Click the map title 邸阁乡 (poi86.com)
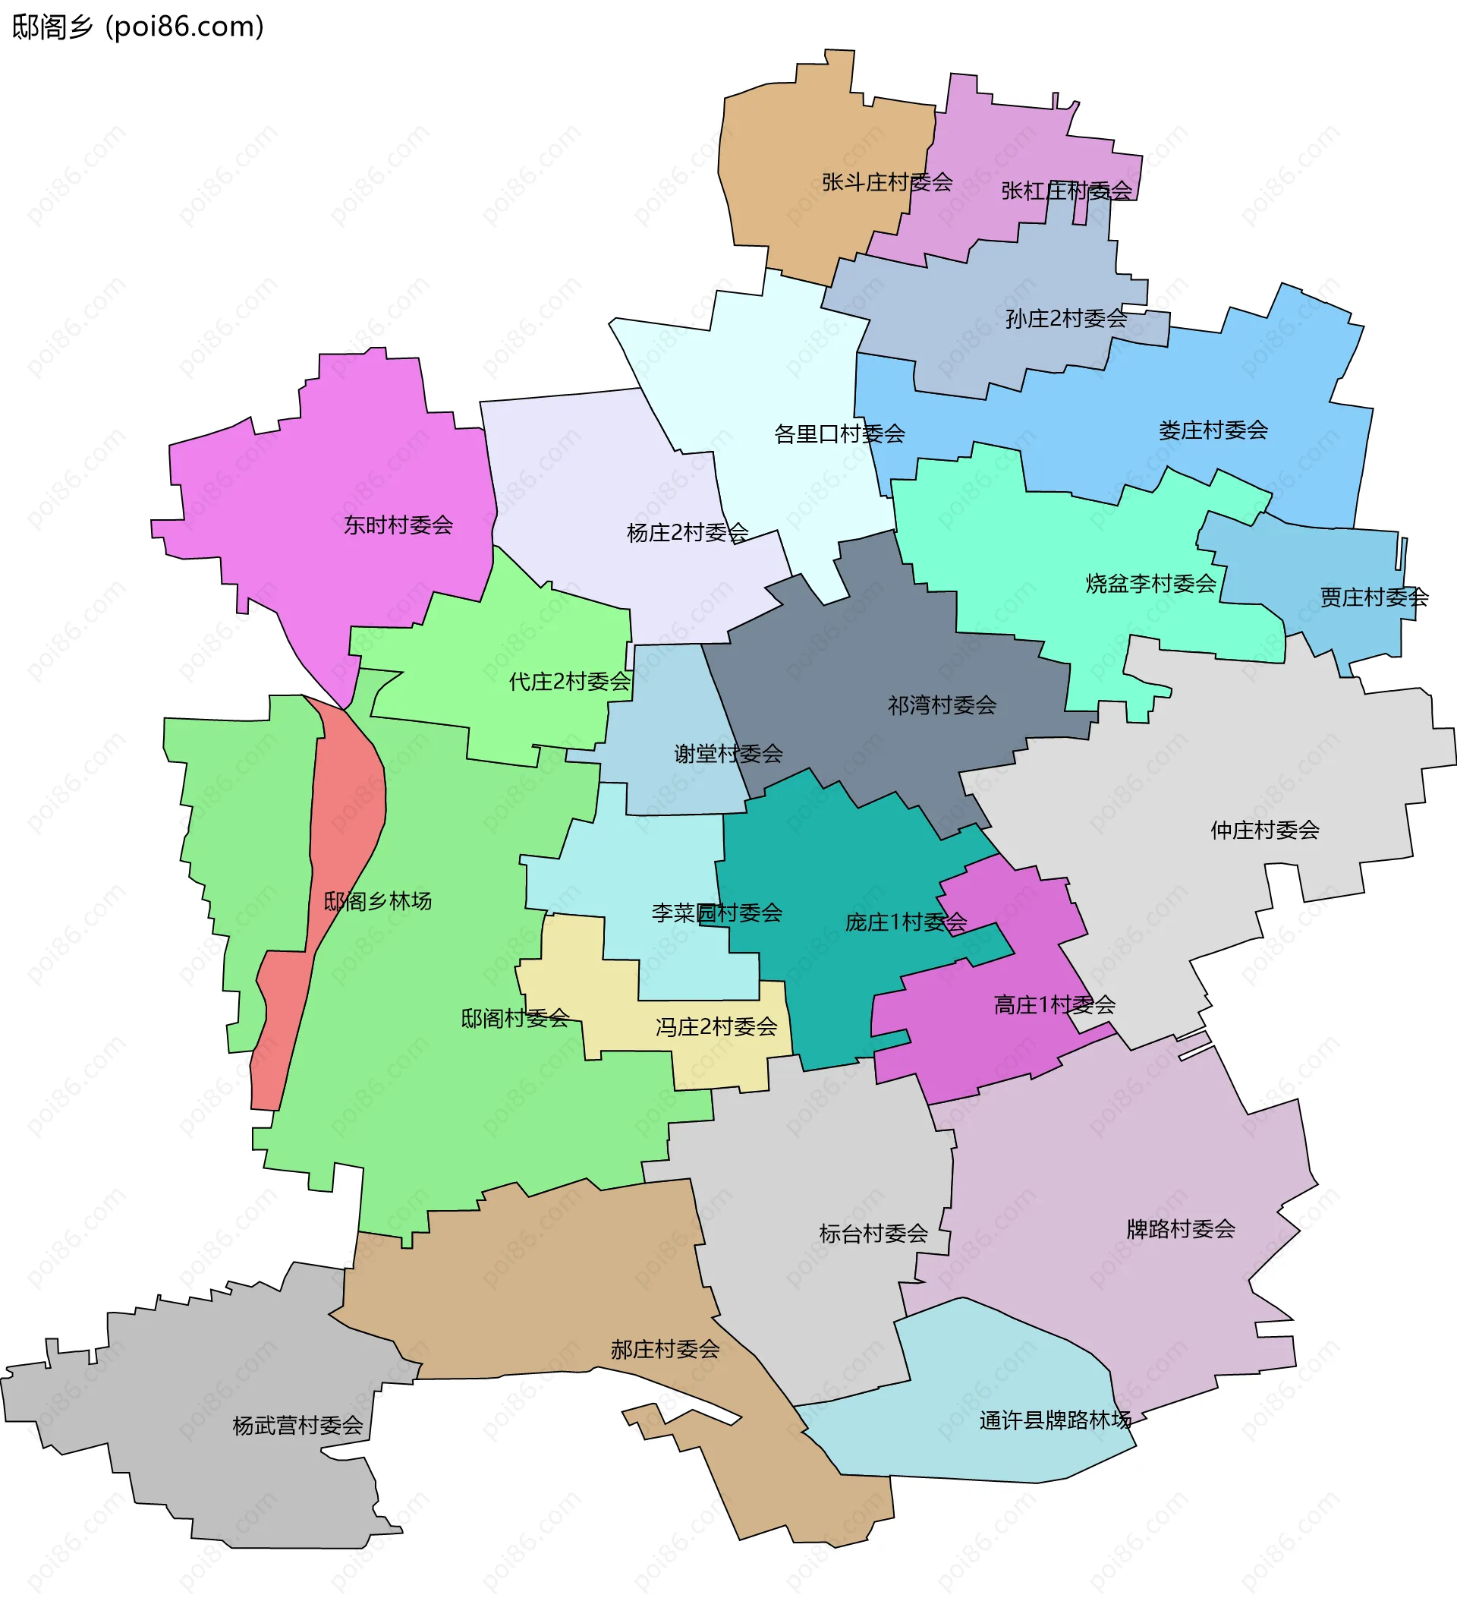tap(138, 27)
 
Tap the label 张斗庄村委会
tap(886, 182)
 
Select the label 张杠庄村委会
tap(1066, 191)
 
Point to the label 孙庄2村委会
tap(1065, 319)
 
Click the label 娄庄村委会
tap(1213, 430)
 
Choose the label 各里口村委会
tap(839, 434)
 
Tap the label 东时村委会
tap(398, 525)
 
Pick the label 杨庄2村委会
tap(687, 533)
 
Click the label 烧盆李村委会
tap(1150, 585)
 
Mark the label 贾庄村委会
tap(1374, 597)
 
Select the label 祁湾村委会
tap(941, 705)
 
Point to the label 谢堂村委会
tap(728, 754)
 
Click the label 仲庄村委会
tap(1264, 831)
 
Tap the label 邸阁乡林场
tap(377, 901)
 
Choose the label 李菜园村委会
tap(716, 913)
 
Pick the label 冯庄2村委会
tap(716, 1027)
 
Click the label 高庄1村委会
tap(1054, 1005)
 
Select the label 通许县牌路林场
tap(1055, 1420)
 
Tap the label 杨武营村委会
tap(297, 1426)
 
